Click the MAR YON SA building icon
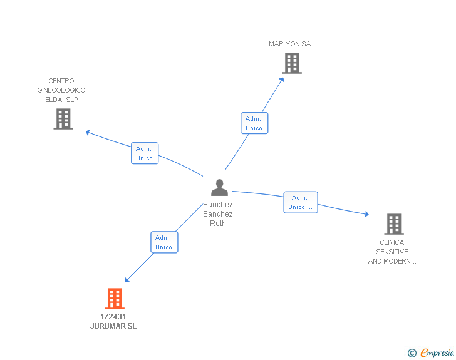[291, 63]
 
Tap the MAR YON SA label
[289, 44]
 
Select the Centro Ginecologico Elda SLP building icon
[63, 118]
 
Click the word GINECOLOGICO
[61, 90]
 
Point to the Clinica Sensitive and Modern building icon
[393, 224]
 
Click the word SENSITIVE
[392, 252]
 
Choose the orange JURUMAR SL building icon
[114, 299]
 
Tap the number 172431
[113, 317]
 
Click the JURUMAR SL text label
[113, 326]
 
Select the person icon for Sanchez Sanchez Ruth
[219, 187]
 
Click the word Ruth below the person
[218, 224]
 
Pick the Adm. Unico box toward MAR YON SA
[254, 123]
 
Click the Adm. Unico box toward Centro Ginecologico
[144, 153]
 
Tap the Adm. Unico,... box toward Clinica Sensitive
[300, 202]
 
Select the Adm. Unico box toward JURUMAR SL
[164, 242]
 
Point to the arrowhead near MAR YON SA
[282, 79]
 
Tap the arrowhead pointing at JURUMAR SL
[128, 279]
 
